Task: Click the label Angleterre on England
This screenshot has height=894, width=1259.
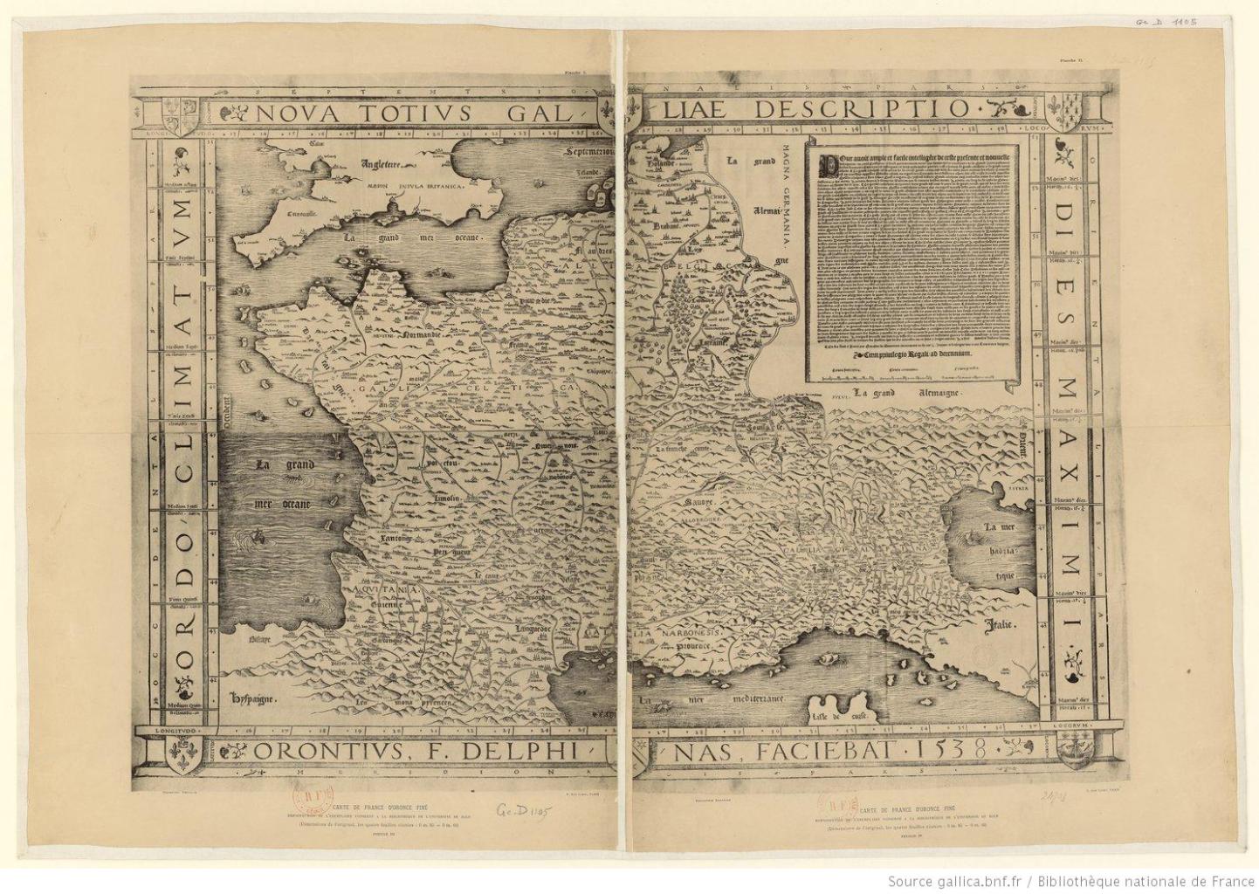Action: [x=381, y=163]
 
